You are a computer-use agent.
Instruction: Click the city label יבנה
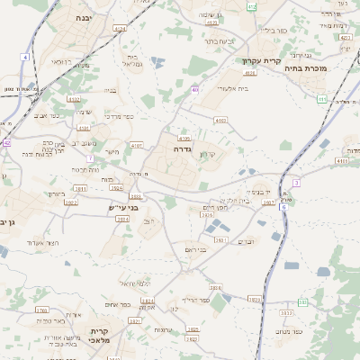coord(84,17)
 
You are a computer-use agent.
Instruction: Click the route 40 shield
coord(194,89)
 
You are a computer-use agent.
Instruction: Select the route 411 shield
coord(321,100)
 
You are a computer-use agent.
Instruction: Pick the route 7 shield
coord(90,158)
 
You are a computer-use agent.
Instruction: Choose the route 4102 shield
coord(137,144)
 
